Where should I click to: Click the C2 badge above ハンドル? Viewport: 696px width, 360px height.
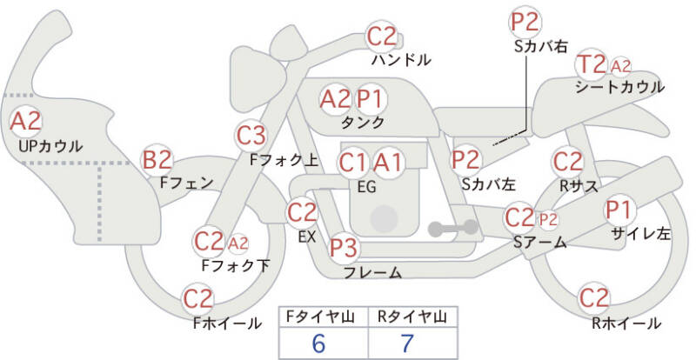(382, 37)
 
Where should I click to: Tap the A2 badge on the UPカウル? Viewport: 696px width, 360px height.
(26, 120)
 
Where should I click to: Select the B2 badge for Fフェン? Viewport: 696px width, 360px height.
(158, 159)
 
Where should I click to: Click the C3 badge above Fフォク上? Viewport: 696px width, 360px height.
(251, 135)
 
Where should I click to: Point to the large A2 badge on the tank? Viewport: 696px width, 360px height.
(335, 98)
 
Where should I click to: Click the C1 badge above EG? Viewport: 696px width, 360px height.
(353, 162)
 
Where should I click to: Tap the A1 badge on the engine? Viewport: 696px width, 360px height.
(388, 162)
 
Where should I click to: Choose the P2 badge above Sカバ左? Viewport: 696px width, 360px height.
(466, 159)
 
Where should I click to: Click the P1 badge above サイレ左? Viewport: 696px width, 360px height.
(619, 210)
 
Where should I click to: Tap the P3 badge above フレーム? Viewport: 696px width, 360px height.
(345, 249)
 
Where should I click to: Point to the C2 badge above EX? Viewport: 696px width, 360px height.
(302, 211)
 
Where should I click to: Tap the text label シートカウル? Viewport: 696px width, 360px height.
(619, 87)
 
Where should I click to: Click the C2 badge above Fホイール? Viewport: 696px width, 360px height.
(198, 299)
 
